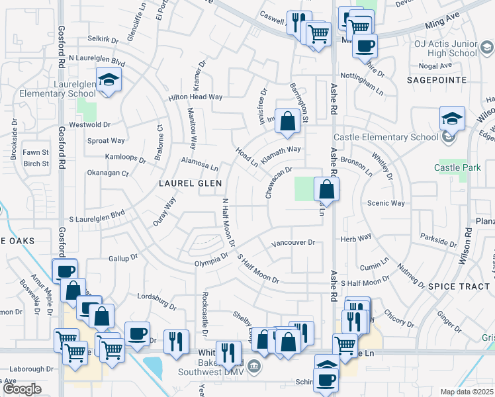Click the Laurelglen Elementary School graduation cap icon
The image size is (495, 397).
click(x=106, y=80)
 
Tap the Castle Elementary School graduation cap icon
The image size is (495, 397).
click(x=453, y=118)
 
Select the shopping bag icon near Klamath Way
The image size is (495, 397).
click(x=287, y=121)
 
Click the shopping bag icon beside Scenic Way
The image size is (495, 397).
click(x=327, y=189)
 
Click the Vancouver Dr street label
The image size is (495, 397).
click(x=293, y=243)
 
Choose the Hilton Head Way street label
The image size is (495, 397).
click(x=196, y=97)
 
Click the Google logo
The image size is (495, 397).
click(x=21, y=389)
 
